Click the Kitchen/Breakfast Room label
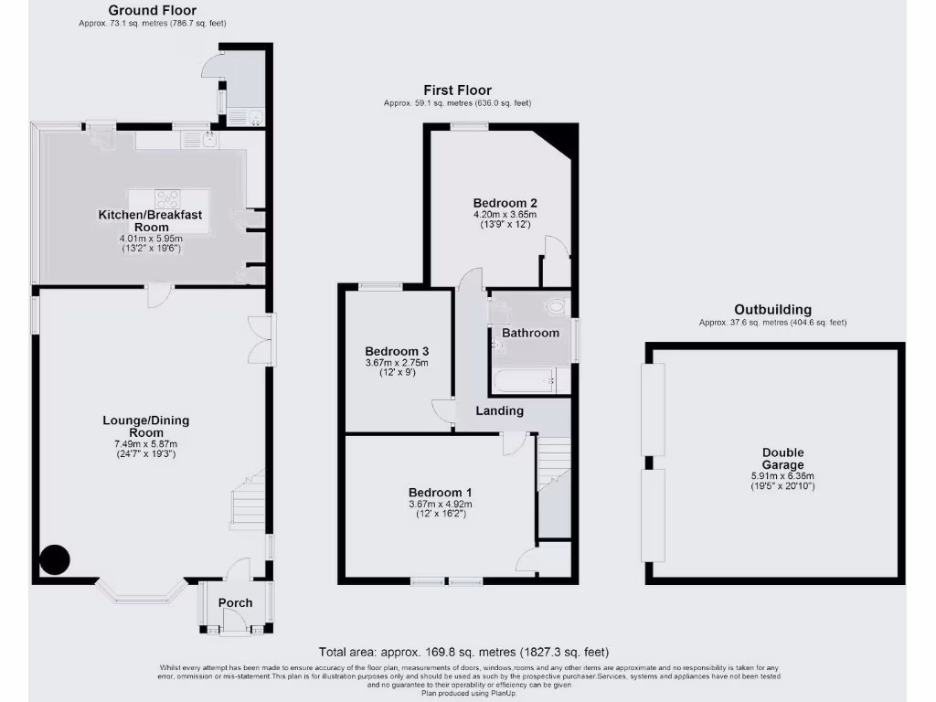pyautogui.click(x=150, y=220)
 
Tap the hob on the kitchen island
pyautogui.click(x=166, y=197)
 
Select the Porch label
pyautogui.click(x=235, y=603)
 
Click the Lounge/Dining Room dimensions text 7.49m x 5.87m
pyautogui.click(x=146, y=443)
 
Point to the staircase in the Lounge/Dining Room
pyautogui.click(x=247, y=501)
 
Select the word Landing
pyautogui.click(x=500, y=410)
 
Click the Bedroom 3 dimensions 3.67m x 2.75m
pyautogui.click(x=397, y=363)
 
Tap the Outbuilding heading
pyautogui.click(x=773, y=310)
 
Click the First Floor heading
pyautogui.click(x=457, y=90)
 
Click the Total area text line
pyautogui.click(x=463, y=652)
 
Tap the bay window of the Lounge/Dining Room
pyautogui.click(x=142, y=592)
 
